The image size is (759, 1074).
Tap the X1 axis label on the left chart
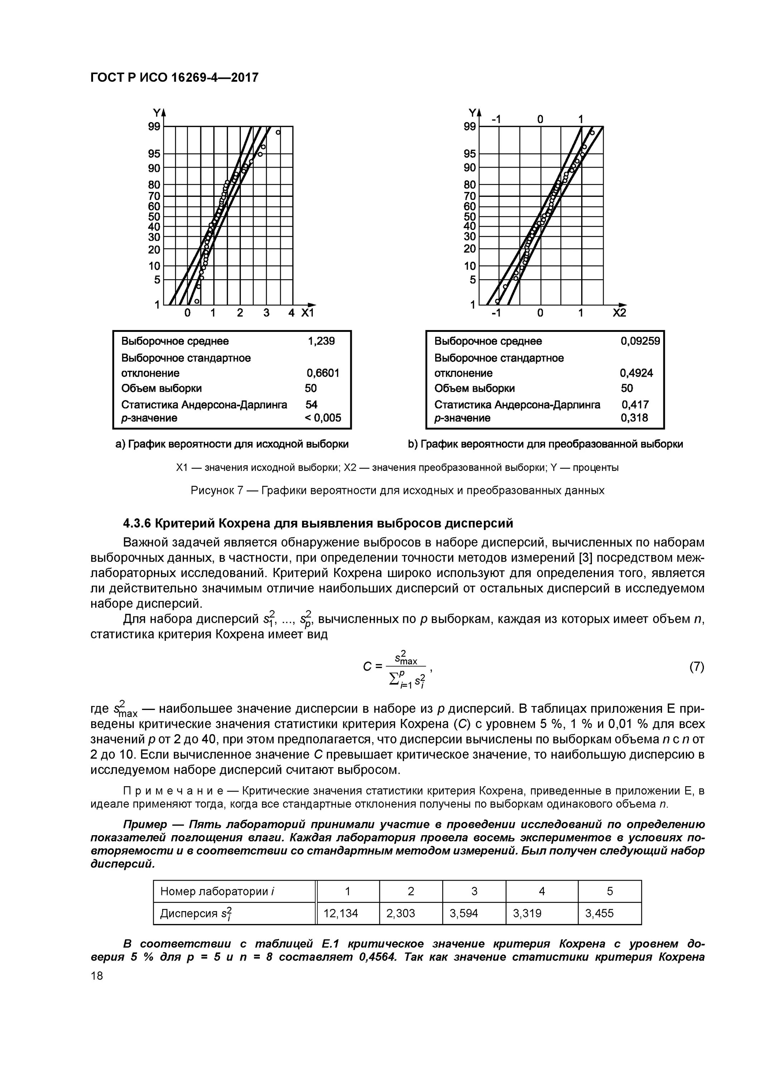[x=307, y=313]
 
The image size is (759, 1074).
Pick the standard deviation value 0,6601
[x=323, y=373]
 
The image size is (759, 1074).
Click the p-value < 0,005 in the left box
[x=323, y=418]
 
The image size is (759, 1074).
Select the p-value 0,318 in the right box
[x=634, y=418]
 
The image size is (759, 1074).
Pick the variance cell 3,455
[x=599, y=913]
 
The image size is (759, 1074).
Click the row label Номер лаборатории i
[x=217, y=891]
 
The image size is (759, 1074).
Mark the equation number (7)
[x=696, y=667]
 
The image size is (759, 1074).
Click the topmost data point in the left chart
[x=278, y=132]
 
